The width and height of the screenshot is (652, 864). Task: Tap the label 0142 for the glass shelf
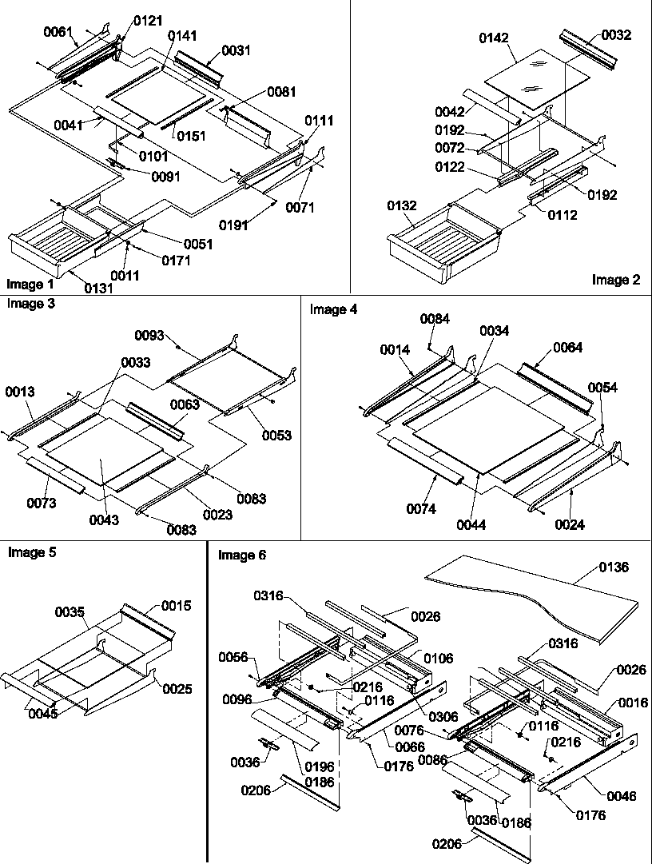[x=495, y=38]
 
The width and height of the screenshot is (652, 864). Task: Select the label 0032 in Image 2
[x=615, y=35]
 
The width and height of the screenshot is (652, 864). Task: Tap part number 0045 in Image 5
[x=42, y=714]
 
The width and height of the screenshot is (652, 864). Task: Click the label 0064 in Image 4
[x=567, y=348]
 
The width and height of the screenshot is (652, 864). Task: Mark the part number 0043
[x=104, y=520]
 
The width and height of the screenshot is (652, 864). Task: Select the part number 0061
[x=58, y=31]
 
